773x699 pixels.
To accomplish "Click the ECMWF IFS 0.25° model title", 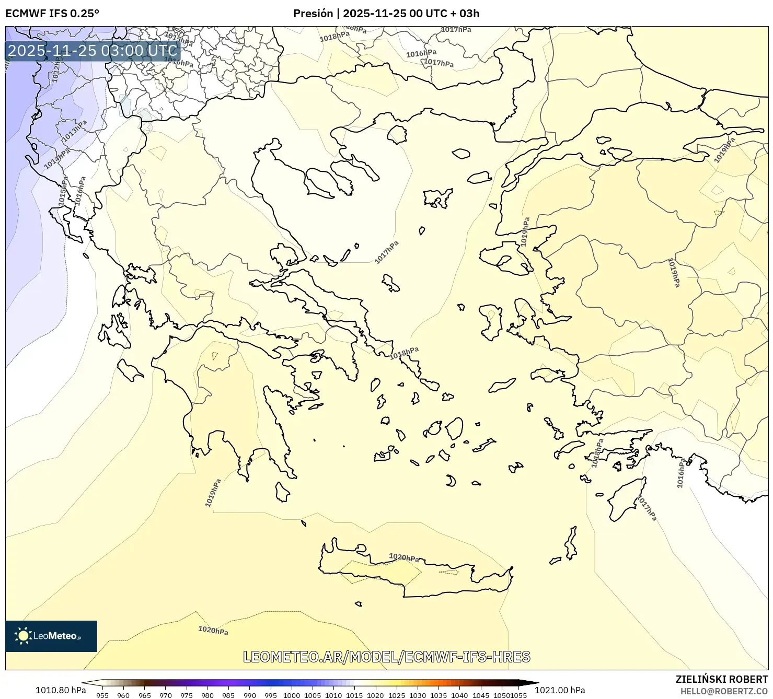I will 52,14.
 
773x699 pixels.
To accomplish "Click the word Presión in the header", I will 313,14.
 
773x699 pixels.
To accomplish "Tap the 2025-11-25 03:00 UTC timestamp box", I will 93,51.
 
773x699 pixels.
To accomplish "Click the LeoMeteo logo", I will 51,636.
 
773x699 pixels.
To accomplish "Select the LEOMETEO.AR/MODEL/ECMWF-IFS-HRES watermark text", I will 387,657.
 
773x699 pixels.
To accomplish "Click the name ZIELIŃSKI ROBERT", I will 722,680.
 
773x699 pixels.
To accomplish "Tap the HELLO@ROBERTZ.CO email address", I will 724,691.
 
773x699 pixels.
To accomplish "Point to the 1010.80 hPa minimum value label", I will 61,690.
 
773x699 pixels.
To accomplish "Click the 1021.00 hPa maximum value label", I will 560,690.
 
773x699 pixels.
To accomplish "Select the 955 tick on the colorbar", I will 102,695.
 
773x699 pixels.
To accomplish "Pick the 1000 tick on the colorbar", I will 292,695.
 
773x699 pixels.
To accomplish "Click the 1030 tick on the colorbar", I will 418,695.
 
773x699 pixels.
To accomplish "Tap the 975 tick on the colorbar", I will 187,695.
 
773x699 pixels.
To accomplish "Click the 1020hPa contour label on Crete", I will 404,557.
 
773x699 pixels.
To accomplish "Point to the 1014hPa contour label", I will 57,158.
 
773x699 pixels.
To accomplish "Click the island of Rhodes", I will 627,498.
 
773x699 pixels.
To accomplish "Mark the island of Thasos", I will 397,135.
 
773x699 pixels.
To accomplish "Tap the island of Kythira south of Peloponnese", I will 282,492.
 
